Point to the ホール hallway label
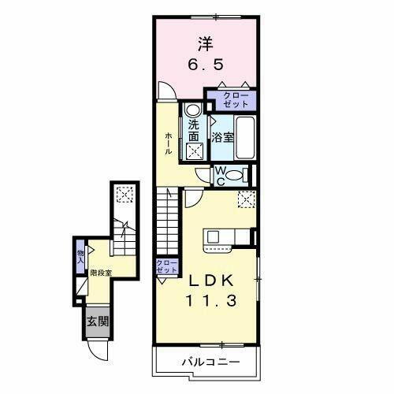point(169,143)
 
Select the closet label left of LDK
point(165,266)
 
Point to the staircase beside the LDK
point(168,221)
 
